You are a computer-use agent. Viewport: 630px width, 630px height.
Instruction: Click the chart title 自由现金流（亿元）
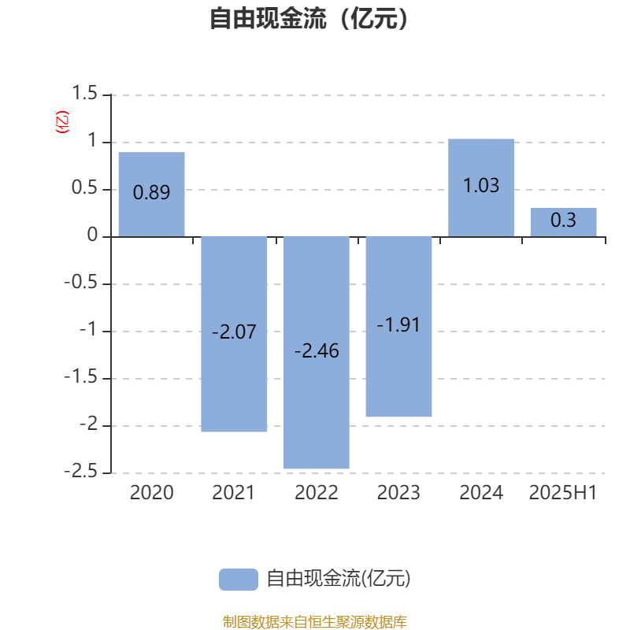pyautogui.click(x=309, y=18)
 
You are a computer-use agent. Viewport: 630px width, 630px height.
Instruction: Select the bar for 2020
pyautogui.click(x=151, y=195)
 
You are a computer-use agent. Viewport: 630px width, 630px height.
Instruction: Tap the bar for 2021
pyautogui.click(x=234, y=334)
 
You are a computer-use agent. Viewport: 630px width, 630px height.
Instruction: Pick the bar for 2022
pyautogui.click(x=317, y=353)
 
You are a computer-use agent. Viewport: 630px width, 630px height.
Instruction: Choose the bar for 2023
pyautogui.click(x=398, y=327)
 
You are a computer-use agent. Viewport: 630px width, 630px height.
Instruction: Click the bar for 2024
pyautogui.click(x=481, y=187)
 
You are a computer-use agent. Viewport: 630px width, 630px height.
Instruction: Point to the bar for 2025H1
pyautogui.click(x=563, y=222)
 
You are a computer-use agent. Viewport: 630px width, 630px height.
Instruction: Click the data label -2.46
pyautogui.click(x=317, y=350)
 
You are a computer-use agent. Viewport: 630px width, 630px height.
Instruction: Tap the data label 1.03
pyautogui.click(x=481, y=185)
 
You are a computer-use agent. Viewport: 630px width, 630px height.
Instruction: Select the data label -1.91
pyautogui.click(x=398, y=324)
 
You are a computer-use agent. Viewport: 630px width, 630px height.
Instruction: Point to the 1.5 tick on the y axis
pyautogui.click(x=84, y=93)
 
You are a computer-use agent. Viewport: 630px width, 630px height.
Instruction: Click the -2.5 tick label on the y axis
pyautogui.click(x=81, y=470)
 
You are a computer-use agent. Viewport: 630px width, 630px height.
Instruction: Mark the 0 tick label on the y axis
pyautogui.click(x=92, y=235)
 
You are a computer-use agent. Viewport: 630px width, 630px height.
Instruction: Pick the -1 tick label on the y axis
pyautogui.click(x=88, y=329)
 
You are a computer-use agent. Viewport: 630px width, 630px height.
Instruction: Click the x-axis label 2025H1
pyautogui.click(x=563, y=493)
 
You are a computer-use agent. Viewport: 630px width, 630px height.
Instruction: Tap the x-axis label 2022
pyautogui.click(x=317, y=493)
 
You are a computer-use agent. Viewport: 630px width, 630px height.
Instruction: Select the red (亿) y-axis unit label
pyautogui.click(x=62, y=122)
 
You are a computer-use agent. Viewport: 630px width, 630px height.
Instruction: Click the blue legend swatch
pyautogui.click(x=239, y=580)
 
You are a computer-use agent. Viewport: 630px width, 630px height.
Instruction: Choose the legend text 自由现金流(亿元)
pyautogui.click(x=339, y=579)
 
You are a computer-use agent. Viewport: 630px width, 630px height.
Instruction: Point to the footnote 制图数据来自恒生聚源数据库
pyautogui.click(x=314, y=621)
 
